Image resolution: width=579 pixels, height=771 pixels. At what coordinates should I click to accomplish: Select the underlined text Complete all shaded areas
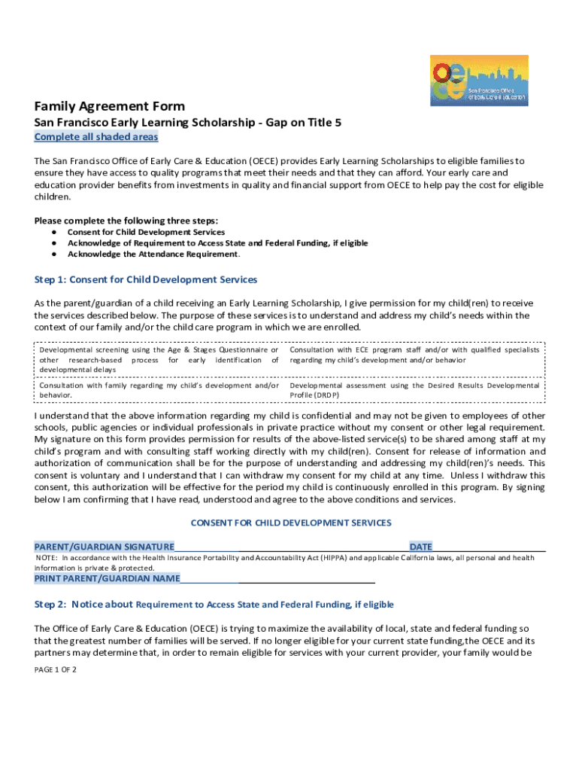96,137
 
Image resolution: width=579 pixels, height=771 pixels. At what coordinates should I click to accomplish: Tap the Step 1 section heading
146,279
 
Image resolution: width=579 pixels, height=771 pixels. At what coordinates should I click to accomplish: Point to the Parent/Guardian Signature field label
105,546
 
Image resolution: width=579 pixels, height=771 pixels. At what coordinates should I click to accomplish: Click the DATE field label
420,546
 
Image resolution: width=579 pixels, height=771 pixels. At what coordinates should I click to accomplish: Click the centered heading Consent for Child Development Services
291,522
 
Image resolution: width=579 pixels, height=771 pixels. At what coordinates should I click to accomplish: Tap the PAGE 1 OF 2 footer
56,669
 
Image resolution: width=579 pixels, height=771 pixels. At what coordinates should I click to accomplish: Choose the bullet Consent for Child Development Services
146,233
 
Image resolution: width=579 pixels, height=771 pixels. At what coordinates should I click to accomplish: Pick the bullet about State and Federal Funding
217,243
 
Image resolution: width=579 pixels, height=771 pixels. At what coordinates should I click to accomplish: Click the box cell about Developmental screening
159,360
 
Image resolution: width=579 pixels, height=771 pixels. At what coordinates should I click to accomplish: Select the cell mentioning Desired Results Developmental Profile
414,390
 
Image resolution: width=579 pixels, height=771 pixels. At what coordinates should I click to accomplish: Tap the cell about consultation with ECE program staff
414,355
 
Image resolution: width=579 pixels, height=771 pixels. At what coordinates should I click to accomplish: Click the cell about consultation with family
159,390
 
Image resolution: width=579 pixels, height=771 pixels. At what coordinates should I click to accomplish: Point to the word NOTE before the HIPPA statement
47,558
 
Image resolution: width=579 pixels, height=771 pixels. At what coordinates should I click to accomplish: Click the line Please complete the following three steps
126,221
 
